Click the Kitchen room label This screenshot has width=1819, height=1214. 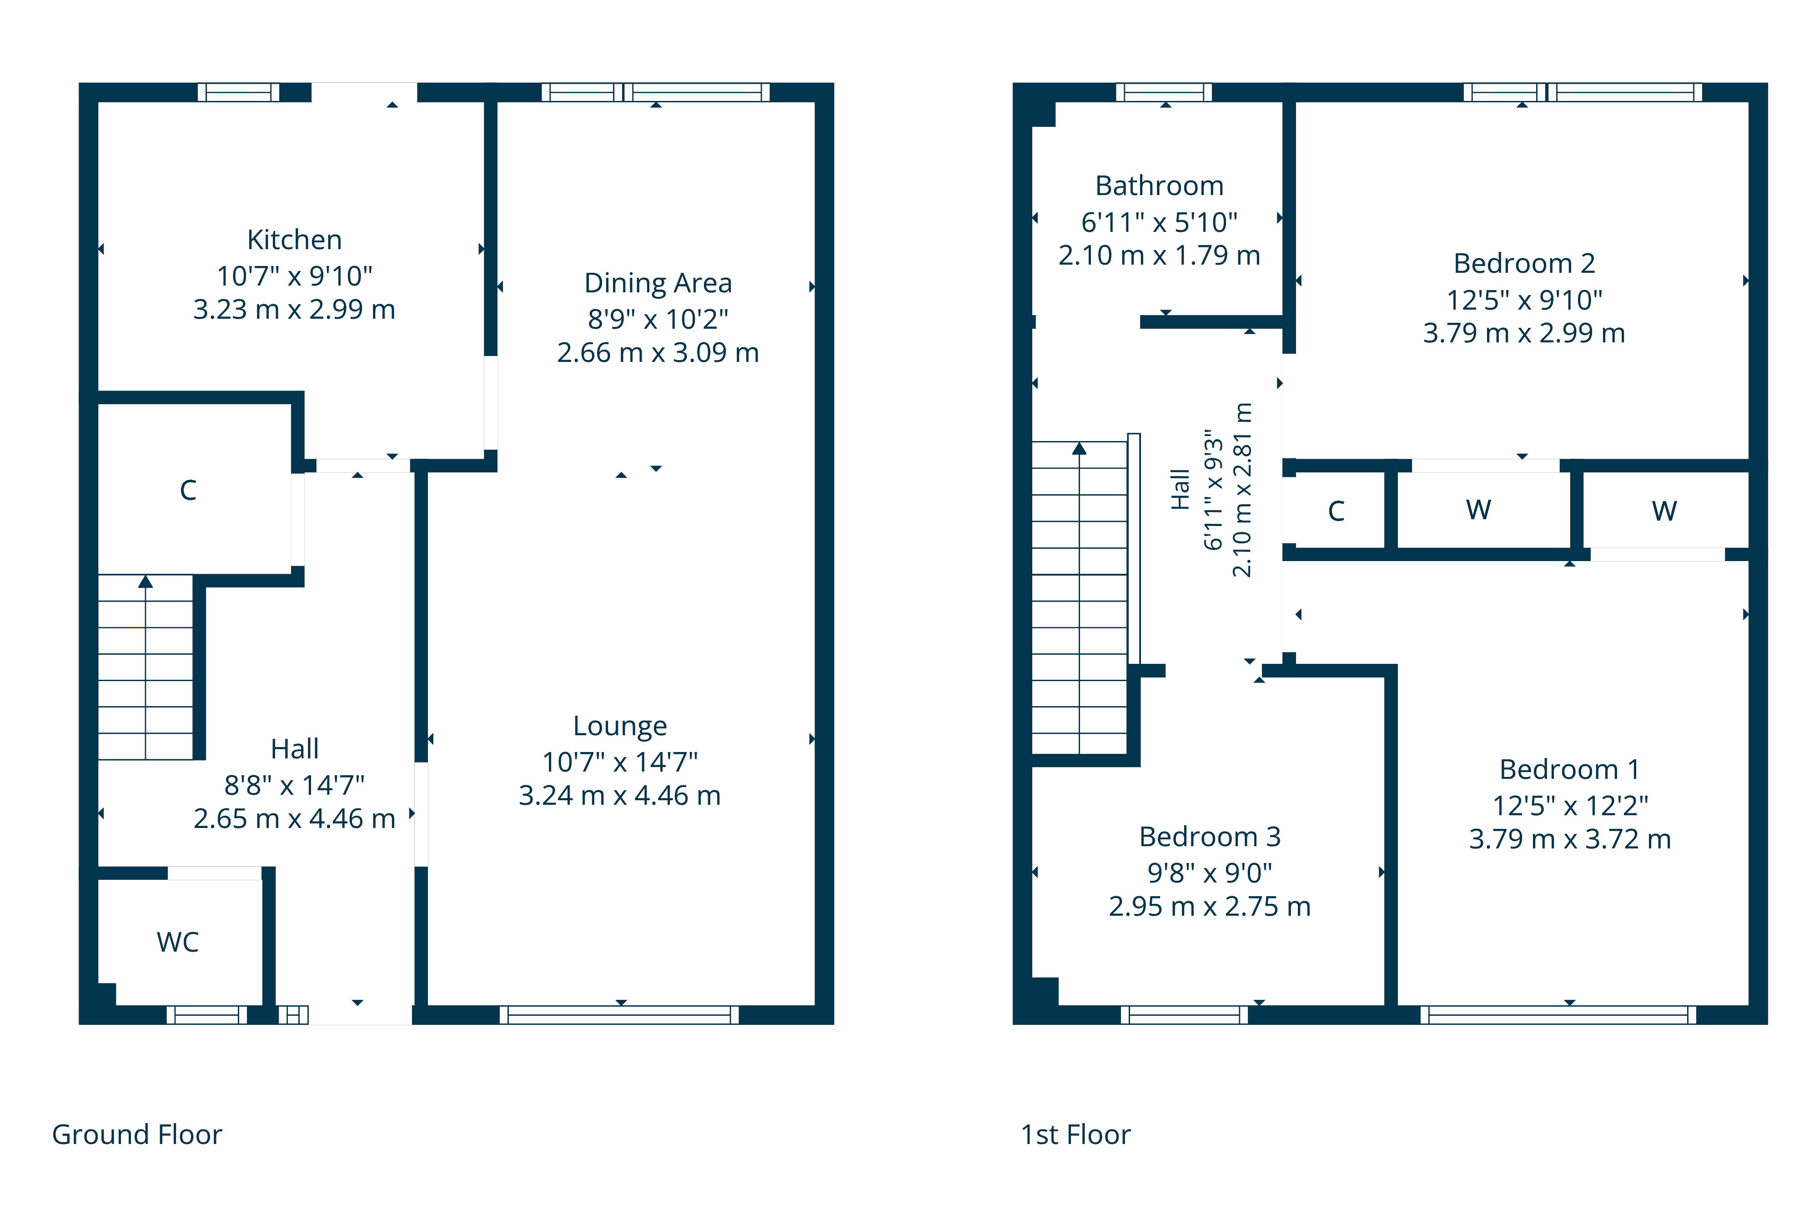tap(294, 240)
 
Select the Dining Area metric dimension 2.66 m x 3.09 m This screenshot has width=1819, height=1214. tap(658, 353)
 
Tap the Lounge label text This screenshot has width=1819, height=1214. tap(619, 726)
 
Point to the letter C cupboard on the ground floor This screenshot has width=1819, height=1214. tap(188, 490)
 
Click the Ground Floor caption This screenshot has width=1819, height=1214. tap(136, 1134)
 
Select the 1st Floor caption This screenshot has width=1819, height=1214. tap(1075, 1134)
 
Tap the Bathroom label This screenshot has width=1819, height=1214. tap(1159, 186)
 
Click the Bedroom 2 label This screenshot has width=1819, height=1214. tap(1524, 264)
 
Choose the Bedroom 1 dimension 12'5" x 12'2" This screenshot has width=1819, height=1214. tap(1570, 806)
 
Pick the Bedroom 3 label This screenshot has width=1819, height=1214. tap(1210, 837)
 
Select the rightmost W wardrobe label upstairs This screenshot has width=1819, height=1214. tap(1664, 511)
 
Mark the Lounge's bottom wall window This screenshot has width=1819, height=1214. tap(619, 1014)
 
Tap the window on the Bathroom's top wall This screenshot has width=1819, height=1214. tap(1164, 92)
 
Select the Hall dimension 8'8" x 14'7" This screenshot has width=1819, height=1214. tap(294, 786)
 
